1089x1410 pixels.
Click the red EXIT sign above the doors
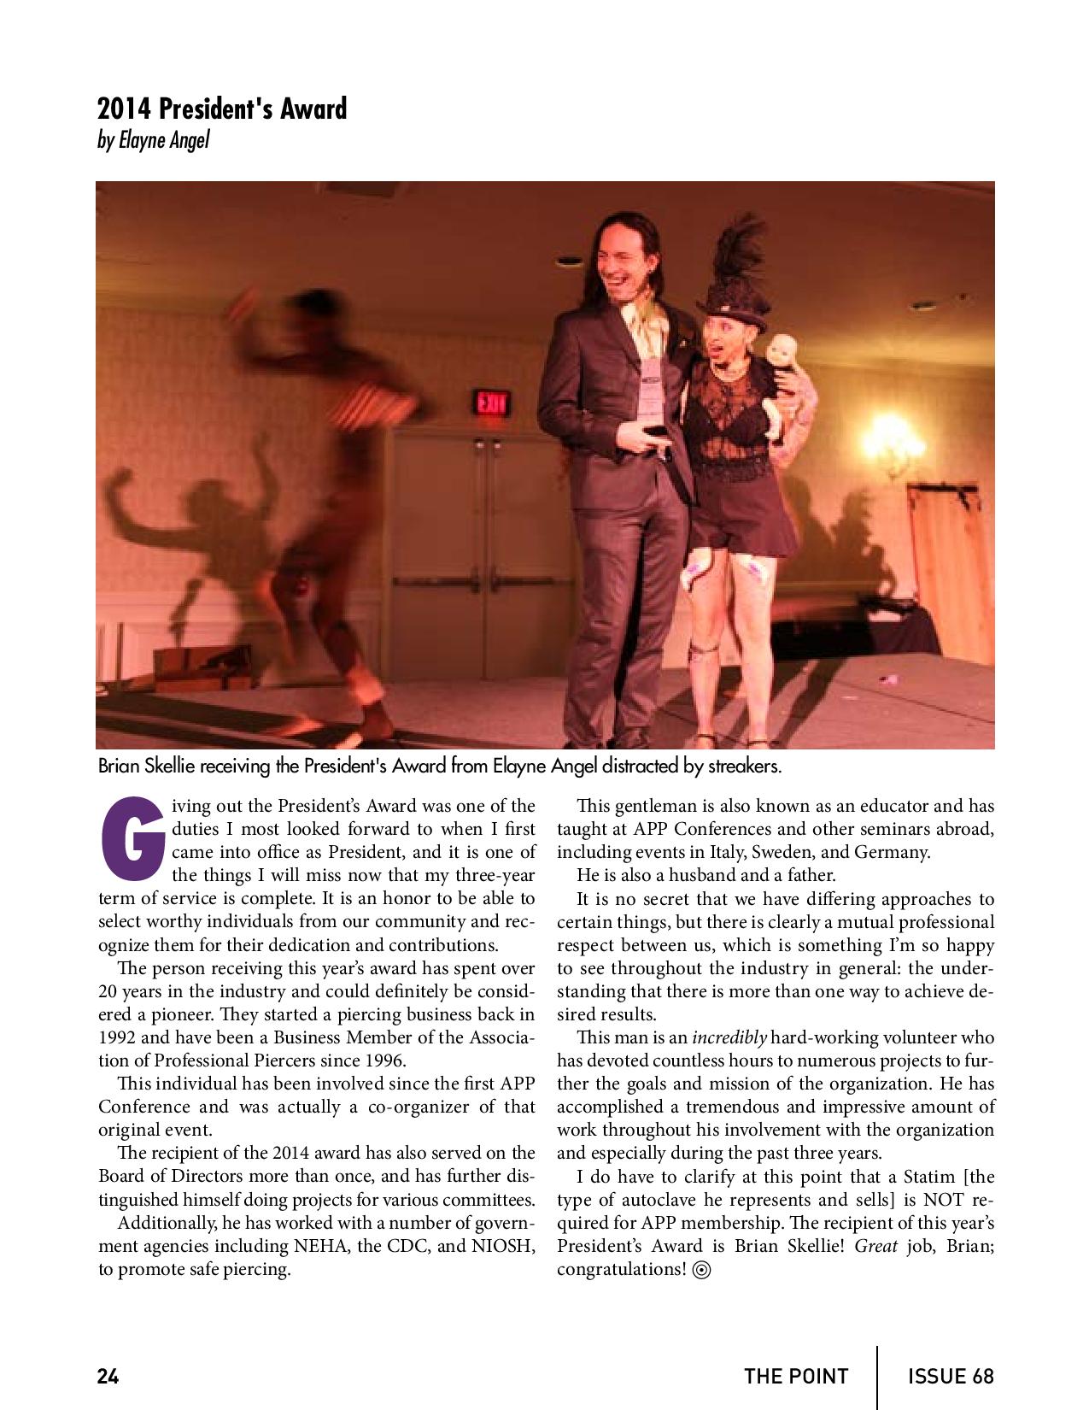(x=489, y=402)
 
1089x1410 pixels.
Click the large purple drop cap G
(x=132, y=839)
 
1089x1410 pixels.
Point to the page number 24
(x=108, y=1376)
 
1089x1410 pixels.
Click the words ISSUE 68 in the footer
(x=951, y=1376)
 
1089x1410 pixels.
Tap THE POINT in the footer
(x=796, y=1376)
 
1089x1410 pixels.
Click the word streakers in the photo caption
(x=744, y=767)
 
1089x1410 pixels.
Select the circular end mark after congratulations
(x=702, y=1270)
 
